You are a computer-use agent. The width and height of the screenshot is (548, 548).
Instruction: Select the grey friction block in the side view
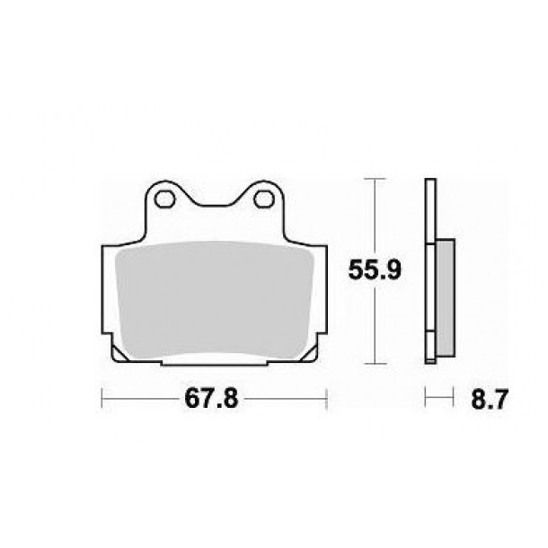pos(445,297)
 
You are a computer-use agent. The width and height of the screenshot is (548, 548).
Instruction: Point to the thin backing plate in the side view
pos(430,270)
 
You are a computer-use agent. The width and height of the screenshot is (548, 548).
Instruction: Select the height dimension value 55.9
pos(371,267)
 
